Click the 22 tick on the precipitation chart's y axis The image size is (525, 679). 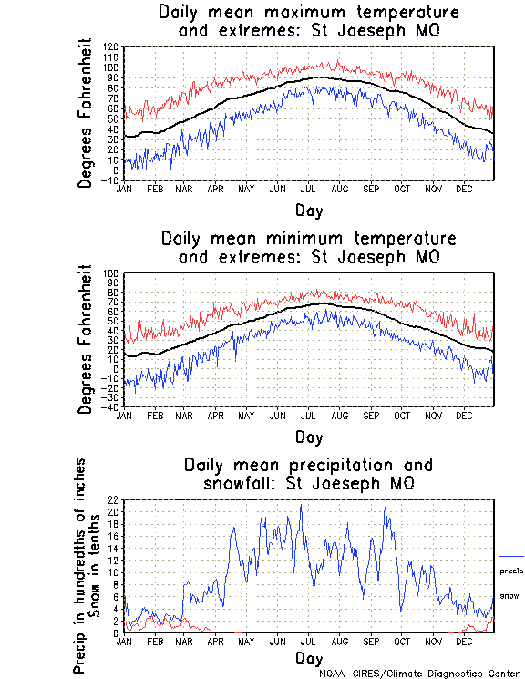(x=114, y=500)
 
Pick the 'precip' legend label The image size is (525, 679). (x=511, y=571)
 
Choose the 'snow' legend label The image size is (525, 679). (x=509, y=595)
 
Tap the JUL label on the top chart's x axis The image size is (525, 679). (x=308, y=189)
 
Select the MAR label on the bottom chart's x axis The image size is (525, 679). (x=184, y=641)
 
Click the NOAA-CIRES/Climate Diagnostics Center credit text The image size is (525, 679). (x=420, y=673)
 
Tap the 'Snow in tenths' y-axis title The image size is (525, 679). (x=98, y=567)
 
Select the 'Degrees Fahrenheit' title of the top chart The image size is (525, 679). (x=85, y=113)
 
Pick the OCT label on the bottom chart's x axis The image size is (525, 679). (x=402, y=641)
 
